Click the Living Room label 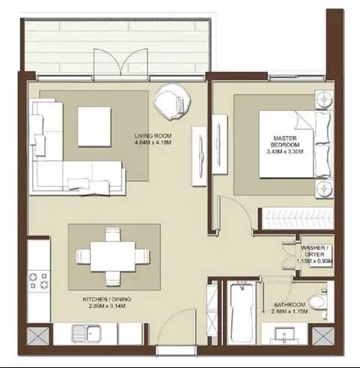pyautogui.click(x=153, y=139)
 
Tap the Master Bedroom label pyautogui.click(x=285, y=145)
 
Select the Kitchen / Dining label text pyautogui.click(x=107, y=303)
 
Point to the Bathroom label pyautogui.click(x=290, y=308)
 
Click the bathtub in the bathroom pyautogui.click(x=242, y=312)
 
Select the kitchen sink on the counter pyautogui.click(x=86, y=334)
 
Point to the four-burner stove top pyautogui.click(x=39, y=280)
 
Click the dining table pyautogui.click(x=113, y=257)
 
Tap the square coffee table pyautogui.click(x=94, y=126)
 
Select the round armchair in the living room pyautogui.click(x=172, y=101)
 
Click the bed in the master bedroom pyautogui.click(x=296, y=144)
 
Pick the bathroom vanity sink pyautogui.click(x=284, y=334)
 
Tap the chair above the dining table pyautogui.click(x=113, y=234)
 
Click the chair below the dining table pyautogui.click(x=113, y=279)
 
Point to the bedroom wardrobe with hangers pyautogui.click(x=296, y=218)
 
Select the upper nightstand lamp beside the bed pyautogui.click(x=324, y=99)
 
